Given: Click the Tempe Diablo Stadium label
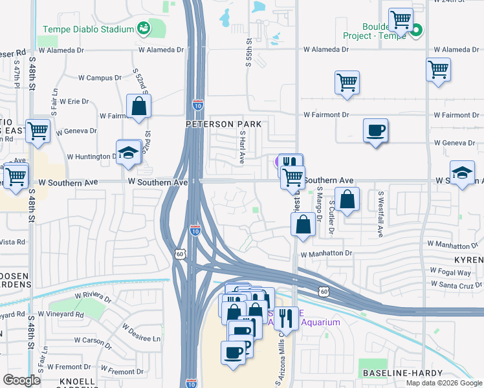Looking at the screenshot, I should click(88, 29).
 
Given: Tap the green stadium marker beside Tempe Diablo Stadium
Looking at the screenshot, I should click(143, 28).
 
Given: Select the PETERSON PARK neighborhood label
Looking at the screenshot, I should click(224, 124).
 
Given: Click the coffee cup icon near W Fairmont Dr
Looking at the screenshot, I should click(375, 130).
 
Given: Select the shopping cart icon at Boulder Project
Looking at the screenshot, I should click(401, 19).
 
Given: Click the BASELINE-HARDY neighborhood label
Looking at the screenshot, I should click(402, 373).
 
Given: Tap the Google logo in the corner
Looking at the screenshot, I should click(22, 380).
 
